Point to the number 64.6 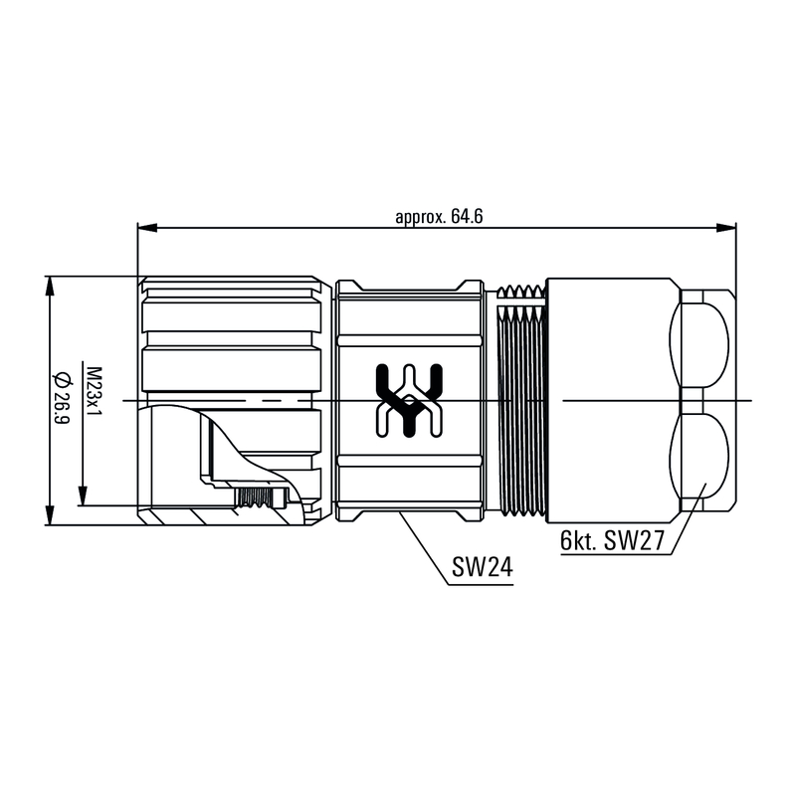click(x=467, y=217)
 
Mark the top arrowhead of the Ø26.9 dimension click(x=50, y=285)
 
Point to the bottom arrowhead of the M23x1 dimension click(x=83, y=497)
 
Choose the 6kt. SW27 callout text click(x=610, y=541)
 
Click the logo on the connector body click(x=408, y=400)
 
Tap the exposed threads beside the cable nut click(x=520, y=398)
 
